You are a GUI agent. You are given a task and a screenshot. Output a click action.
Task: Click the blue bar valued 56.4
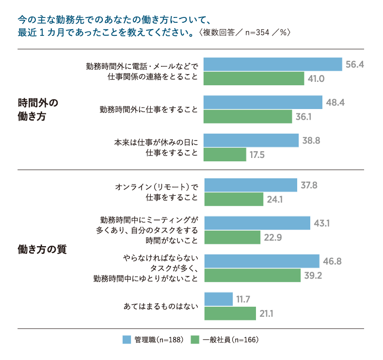(x=273, y=64)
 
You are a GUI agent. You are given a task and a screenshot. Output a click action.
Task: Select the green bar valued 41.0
(x=254, y=78)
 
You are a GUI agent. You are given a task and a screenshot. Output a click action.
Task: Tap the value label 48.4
(x=335, y=103)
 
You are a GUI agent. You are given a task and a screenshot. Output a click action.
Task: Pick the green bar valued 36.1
(x=248, y=116)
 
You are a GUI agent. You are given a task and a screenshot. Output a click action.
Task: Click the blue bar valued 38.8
(x=251, y=141)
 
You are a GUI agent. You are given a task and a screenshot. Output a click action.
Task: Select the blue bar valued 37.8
(x=250, y=185)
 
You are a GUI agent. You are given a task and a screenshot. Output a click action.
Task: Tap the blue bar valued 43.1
(x=257, y=223)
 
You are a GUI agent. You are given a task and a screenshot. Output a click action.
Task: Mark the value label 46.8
(x=333, y=261)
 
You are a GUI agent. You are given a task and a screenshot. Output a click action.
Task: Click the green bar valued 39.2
(x=252, y=275)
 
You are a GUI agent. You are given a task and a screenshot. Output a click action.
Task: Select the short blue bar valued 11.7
(x=218, y=299)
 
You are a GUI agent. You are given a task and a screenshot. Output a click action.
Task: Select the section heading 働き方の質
(x=42, y=250)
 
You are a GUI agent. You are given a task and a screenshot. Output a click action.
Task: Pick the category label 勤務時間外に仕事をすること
(x=148, y=110)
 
